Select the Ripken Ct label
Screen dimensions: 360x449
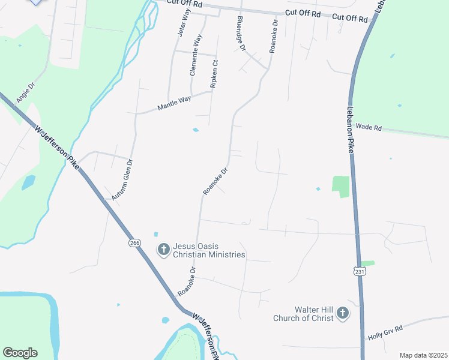(x=213, y=74)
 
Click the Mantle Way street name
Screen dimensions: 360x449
(x=173, y=103)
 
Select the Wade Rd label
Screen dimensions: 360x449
(x=369, y=127)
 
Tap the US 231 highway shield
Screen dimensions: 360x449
(x=359, y=272)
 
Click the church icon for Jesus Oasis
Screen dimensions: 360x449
(x=163, y=249)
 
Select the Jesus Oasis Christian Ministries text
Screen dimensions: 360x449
(x=209, y=250)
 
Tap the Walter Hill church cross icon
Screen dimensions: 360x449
(x=343, y=313)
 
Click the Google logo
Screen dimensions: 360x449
(x=20, y=353)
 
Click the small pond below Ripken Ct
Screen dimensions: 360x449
(x=196, y=130)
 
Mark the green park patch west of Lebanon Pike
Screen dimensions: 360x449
(x=340, y=186)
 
